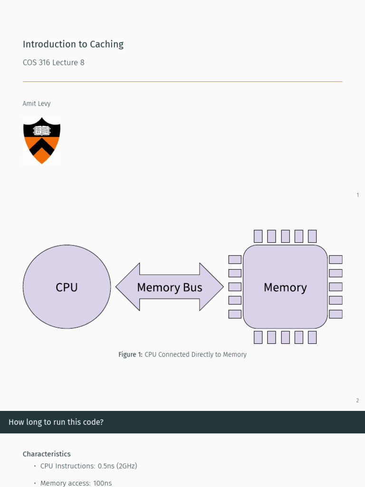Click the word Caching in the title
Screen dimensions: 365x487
pyautogui.click(x=107, y=44)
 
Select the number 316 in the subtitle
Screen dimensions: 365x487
pyautogui.click(x=44, y=62)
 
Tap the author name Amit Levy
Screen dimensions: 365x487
pyautogui.click(x=37, y=104)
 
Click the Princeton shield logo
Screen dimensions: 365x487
pyautogui.click(x=42, y=140)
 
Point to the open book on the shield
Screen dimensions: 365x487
pyautogui.click(x=42, y=130)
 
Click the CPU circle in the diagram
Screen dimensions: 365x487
pyautogui.click(x=67, y=287)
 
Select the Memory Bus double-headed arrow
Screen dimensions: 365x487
pyautogui.click(x=170, y=287)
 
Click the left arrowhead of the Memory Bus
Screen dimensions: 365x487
pyautogui.click(x=127, y=287)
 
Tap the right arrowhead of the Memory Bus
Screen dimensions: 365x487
pyautogui.click(x=211, y=287)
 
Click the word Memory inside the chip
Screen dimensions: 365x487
pyautogui.click(x=285, y=288)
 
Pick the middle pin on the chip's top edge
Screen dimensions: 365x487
pyautogui.click(x=285, y=236)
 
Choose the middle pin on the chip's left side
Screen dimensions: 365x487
pyautogui.click(x=235, y=287)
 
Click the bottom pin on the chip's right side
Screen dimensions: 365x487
pyautogui.click(x=336, y=314)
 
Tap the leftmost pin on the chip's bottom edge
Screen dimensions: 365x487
pyautogui.click(x=258, y=337)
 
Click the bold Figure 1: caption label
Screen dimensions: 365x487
pyautogui.click(x=130, y=354)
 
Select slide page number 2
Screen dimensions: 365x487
pyautogui.click(x=357, y=400)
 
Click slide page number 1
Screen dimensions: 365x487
pyautogui.click(x=358, y=195)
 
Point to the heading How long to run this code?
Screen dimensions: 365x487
pyautogui.click(x=56, y=422)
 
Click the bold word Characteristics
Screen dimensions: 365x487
pyautogui.click(x=47, y=454)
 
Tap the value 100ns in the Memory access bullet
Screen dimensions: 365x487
pyautogui.click(x=103, y=483)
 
